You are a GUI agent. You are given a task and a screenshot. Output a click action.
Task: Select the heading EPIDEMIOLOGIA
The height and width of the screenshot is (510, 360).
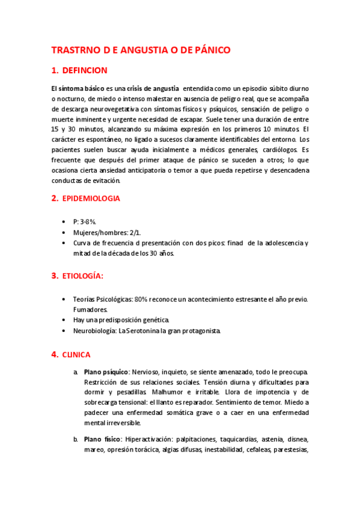[x=91, y=198]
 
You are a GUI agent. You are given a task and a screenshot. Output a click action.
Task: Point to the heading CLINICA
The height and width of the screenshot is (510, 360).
[x=76, y=355]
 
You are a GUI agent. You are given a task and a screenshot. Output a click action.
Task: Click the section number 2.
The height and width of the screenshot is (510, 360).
[x=54, y=198]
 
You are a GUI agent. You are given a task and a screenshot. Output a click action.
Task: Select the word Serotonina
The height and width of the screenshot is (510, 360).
[x=150, y=331]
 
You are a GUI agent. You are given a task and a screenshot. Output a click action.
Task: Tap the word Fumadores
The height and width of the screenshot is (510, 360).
[x=90, y=309]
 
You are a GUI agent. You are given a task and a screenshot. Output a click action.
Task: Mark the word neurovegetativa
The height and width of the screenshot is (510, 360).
[x=118, y=109]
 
